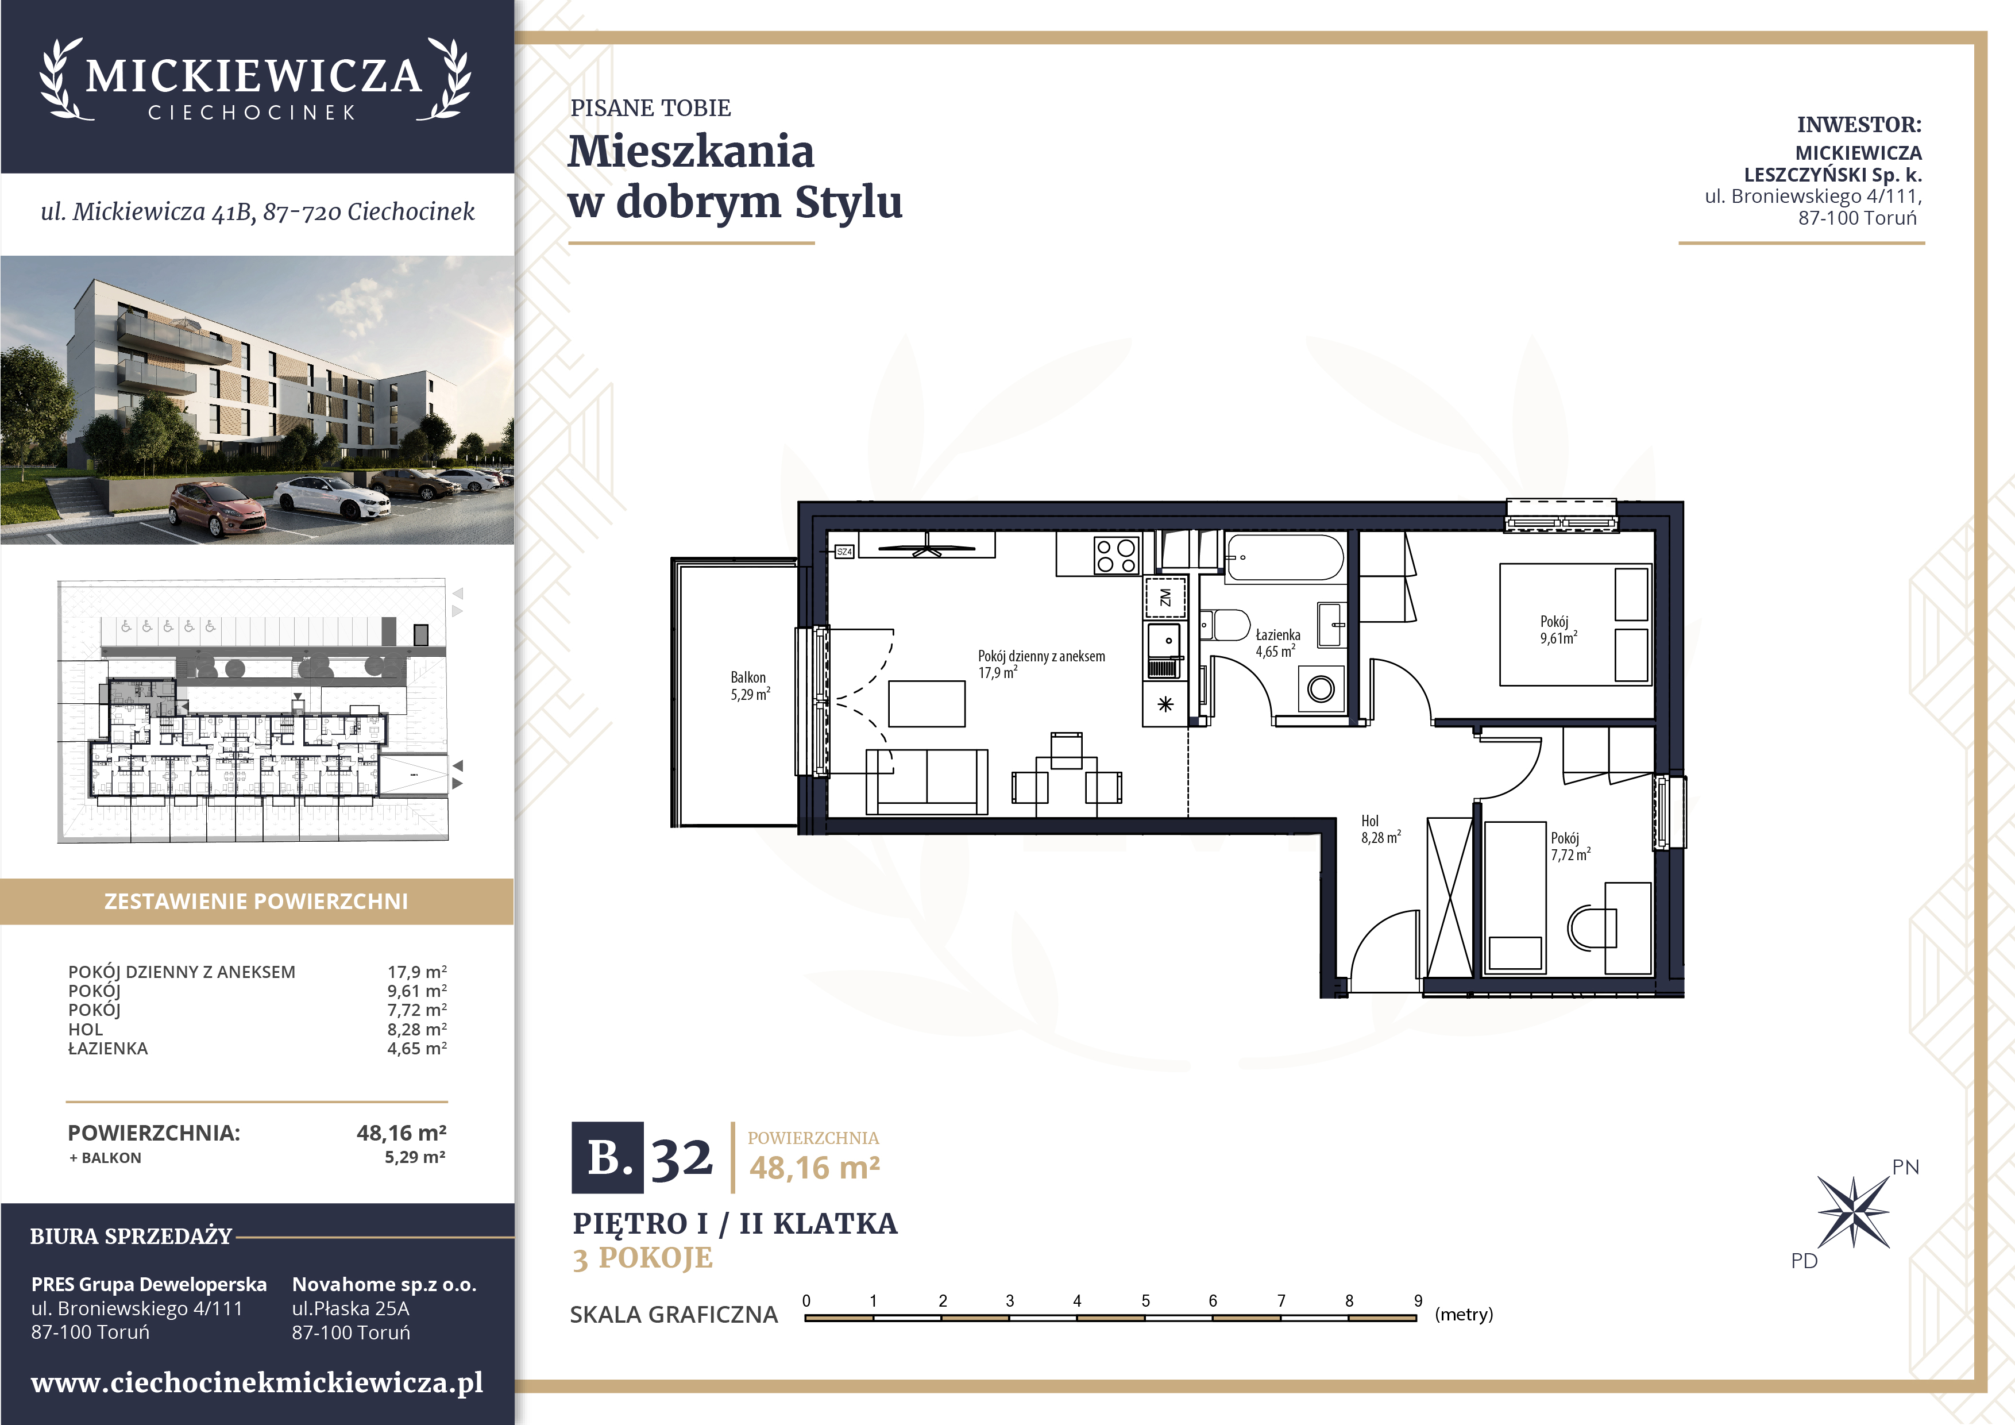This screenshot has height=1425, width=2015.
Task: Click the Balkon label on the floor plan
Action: coord(750,685)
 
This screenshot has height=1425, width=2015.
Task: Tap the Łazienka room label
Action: coord(1278,643)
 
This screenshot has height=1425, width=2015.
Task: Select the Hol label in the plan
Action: coord(1380,829)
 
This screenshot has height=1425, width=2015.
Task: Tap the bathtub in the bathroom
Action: coord(1285,557)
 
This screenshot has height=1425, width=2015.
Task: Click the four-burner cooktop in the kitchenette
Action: coord(1116,555)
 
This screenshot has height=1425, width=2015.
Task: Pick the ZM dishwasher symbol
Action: coord(1165,598)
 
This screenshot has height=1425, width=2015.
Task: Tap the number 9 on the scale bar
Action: coord(1418,1300)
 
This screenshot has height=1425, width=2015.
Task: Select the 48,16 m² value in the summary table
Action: coord(401,1133)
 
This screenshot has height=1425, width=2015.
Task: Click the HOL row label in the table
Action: coord(85,1029)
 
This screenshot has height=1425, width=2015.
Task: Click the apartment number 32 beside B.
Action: coord(681,1158)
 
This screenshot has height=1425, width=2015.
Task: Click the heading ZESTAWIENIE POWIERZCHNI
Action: coord(256,902)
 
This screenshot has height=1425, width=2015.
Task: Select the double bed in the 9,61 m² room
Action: coord(1576,624)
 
